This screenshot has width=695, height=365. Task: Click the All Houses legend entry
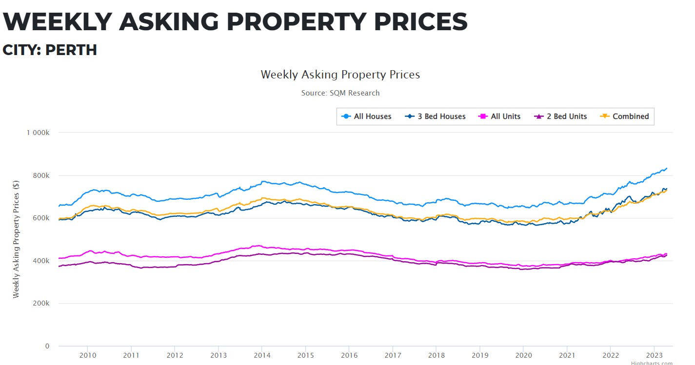(x=367, y=116)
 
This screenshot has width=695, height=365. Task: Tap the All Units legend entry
(x=500, y=116)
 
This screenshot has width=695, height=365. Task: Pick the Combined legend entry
(x=625, y=116)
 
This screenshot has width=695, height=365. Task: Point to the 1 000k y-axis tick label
(x=37, y=133)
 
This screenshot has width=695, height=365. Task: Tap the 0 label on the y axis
(x=47, y=346)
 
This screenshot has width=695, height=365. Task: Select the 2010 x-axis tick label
(x=87, y=355)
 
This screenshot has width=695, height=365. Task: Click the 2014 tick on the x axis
(x=262, y=355)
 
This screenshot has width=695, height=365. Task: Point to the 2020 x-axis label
(x=523, y=355)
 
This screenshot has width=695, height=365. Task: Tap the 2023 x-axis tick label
(x=654, y=355)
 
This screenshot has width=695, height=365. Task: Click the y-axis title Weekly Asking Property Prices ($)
(x=16, y=239)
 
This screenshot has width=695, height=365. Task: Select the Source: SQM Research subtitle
(x=340, y=93)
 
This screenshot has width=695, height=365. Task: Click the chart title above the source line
(x=340, y=75)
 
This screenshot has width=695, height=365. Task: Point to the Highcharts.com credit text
(x=652, y=363)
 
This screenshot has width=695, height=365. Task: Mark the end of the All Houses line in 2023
(x=666, y=169)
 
